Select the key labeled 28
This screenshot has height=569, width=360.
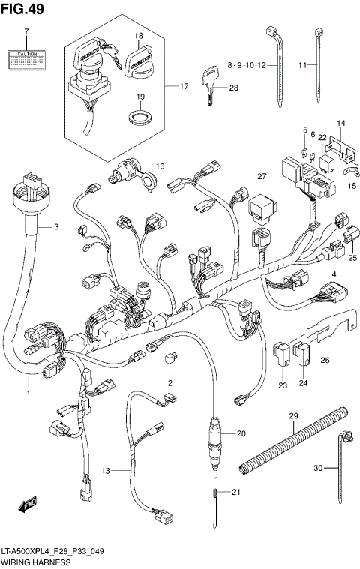(x=208, y=81)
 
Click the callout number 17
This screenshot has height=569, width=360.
(x=182, y=86)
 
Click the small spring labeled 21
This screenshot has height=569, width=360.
(x=216, y=493)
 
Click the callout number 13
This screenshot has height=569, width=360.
(x=106, y=470)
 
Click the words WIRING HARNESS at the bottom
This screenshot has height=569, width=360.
(x=36, y=562)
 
